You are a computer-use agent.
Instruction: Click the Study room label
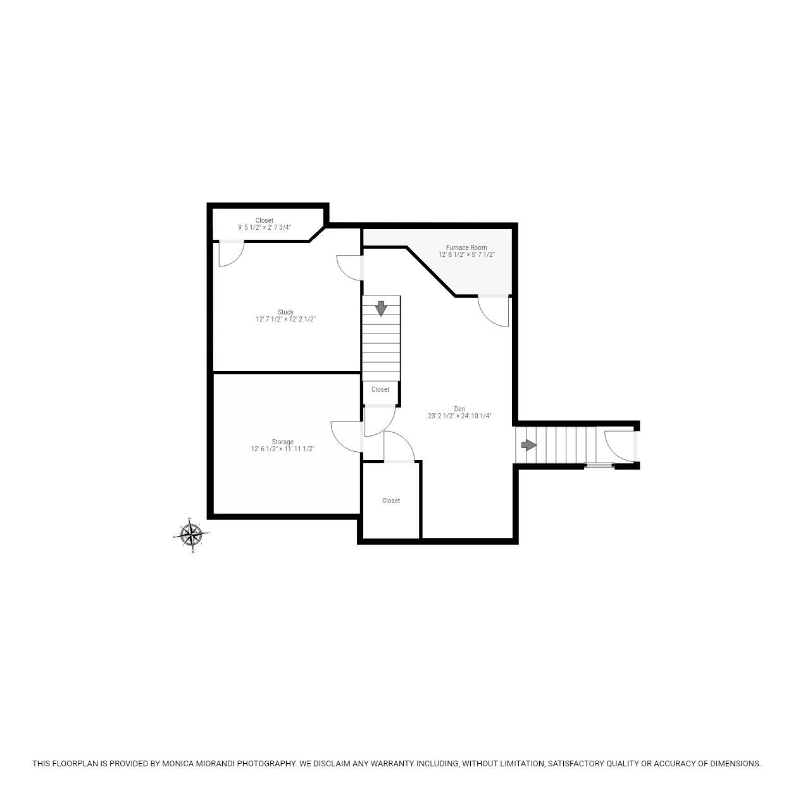pos(285,312)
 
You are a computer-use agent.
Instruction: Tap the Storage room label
pos(282,442)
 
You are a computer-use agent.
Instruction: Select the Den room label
pos(459,409)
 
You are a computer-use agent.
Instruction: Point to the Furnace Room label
pos(466,247)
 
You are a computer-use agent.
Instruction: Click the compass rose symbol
pos(190,535)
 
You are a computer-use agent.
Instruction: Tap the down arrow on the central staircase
pos(381,308)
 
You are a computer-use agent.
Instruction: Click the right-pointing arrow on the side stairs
pos(528,445)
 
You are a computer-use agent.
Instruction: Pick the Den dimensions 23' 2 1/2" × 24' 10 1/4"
pos(459,416)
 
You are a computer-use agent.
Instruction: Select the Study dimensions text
pos(285,320)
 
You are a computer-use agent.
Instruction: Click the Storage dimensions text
pos(282,449)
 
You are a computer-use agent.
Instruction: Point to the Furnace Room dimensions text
pos(466,255)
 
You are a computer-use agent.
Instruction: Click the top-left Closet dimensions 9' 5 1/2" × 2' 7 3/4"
pos(264,228)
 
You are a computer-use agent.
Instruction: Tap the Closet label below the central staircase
pos(380,389)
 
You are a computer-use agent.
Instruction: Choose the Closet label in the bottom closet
pos(391,501)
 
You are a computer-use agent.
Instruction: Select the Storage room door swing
pos(347,436)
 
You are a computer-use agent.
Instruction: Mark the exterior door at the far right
pos(620,445)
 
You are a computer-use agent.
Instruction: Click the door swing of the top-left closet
pos(230,253)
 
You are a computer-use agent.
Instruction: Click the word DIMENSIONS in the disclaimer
pos(735,764)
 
